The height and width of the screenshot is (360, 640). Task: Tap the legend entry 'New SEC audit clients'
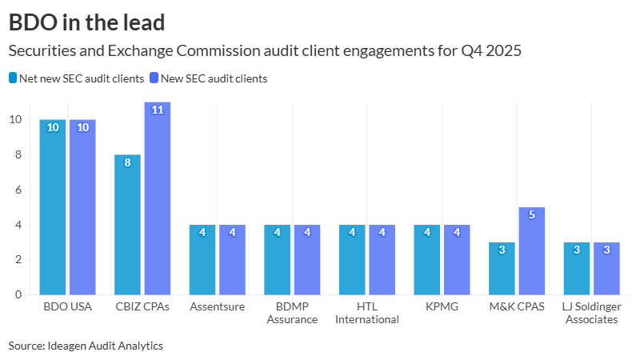coord(214,78)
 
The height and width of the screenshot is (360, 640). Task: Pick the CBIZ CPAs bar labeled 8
coord(128,224)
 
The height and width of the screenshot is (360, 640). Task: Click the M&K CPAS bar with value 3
coord(502,268)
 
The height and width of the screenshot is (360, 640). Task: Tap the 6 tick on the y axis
coord(17,190)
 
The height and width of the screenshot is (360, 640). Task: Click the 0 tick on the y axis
coord(17,294)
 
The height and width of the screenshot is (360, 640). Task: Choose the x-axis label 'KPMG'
coord(442,307)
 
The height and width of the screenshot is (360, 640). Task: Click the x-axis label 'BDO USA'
coord(68,307)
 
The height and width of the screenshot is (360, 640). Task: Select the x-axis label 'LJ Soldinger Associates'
coord(591,313)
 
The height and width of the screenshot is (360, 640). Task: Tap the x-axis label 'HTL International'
coord(367,313)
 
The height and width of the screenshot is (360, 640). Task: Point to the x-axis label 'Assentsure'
coord(217,307)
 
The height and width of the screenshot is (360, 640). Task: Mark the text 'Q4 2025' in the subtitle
coord(491,51)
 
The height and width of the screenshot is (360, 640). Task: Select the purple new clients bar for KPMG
coord(457,259)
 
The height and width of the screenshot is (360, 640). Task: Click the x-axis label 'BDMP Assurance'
coord(292,313)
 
